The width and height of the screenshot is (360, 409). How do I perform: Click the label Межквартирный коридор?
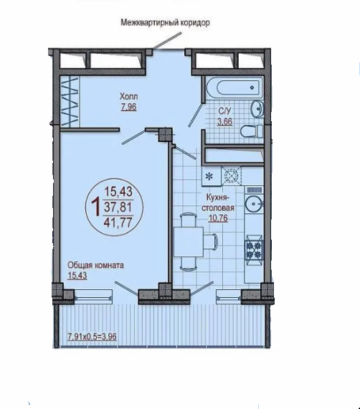pyautogui.click(x=165, y=23)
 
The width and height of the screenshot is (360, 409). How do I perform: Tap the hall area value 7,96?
pyautogui.click(x=128, y=107)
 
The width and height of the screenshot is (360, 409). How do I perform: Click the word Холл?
pyautogui.click(x=129, y=97)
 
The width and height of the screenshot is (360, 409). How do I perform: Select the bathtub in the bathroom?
pyautogui.click(x=235, y=87)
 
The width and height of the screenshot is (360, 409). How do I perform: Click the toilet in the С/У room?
pyautogui.click(x=252, y=132)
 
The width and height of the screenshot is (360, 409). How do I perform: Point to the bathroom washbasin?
pyautogui.click(x=257, y=109)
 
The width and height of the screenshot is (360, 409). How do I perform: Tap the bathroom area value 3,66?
pyautogui.click(x=224, y=121)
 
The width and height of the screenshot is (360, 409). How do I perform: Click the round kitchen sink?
pyautogui.click(x=253, y=204)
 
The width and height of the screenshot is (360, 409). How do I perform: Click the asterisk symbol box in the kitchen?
pyautogui.click(x=212, y=177)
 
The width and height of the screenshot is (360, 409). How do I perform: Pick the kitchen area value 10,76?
pyautogui.click(x=218, y=218)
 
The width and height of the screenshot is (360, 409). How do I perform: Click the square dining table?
pyautogui.click(x=188, y=242)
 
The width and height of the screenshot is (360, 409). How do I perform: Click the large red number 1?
pyautogui.click(x=96, y=207)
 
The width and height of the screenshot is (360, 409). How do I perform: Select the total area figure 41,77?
pyautogui.click(x=118, y=222)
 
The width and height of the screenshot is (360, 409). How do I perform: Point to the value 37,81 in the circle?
pyautogui.click(x=118, y=207)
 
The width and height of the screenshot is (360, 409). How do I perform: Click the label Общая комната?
pyautogui.click(x=95, y=265)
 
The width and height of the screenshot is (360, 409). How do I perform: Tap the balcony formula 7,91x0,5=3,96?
pyautogui.click(x=92, y=337)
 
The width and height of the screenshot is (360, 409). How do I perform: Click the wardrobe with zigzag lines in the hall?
pyautogui.click(x=69, y=102)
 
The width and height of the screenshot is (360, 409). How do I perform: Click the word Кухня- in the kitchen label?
pyautogui.click(x=218, y=198)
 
